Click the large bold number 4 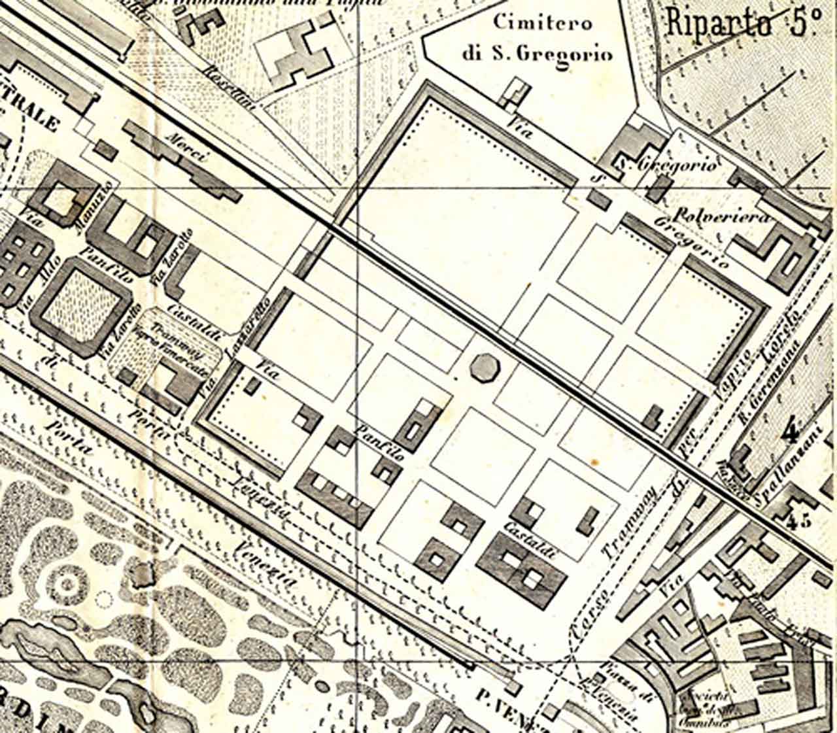click(x=792, y=432)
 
